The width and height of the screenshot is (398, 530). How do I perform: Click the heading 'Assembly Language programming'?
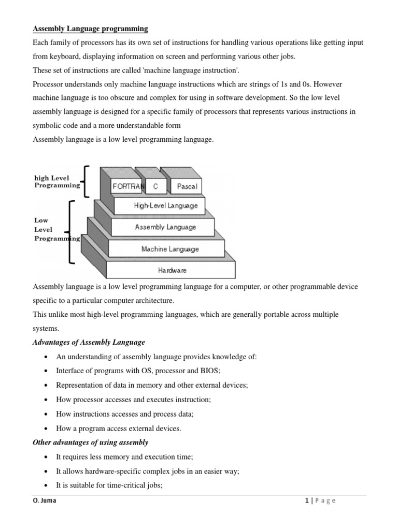90,28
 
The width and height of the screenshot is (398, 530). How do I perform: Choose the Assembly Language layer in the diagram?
165,227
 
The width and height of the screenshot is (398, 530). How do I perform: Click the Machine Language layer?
169,249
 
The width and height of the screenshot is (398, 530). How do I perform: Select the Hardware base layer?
173,270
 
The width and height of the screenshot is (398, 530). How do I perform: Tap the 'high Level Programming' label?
56,181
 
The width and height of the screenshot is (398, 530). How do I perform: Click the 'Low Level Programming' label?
55,229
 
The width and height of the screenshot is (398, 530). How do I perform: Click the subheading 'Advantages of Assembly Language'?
89,342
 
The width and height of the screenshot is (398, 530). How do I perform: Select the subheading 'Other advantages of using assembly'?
90,442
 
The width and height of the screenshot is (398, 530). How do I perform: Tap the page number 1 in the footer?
307,500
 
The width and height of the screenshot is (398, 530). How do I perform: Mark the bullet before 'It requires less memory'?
47,457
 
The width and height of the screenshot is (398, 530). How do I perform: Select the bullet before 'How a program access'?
47,429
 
